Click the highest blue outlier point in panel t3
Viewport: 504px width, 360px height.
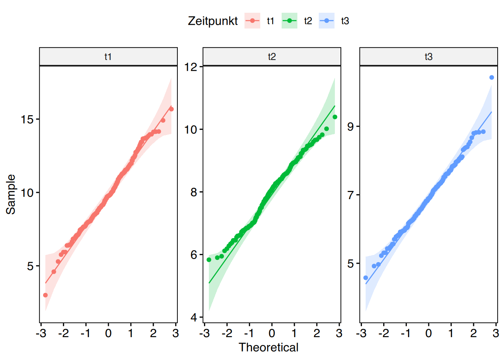click(x=492, y=78)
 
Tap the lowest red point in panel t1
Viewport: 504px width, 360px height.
click(x=45, y=295)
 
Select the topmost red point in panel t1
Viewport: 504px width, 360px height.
click(x=171, y=109)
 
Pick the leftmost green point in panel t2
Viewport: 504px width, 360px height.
click(x=209, y=260)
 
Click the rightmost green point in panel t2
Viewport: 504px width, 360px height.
click(x=335, y=117)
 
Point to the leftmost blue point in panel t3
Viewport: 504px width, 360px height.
click(x=366, y=278)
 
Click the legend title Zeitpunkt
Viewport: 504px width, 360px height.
click(x=213, y=21)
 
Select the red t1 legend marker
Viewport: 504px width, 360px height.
click(x=252, y=21)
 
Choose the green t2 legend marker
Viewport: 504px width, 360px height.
click(x=289, y=21)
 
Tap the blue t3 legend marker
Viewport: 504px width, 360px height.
click(x=326, y=21)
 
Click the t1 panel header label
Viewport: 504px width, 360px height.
click(x=108, y=57)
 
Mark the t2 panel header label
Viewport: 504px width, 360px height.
click(x=271, y=57)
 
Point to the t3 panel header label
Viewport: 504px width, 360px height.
click(x=428, y=57)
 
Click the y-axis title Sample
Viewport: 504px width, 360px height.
click(x=11, y=194)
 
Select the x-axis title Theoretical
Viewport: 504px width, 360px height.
click(x=268, y=348)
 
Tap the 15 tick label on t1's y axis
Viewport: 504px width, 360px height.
click(x=27, y=120)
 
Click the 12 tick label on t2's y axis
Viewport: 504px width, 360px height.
click(x=191, y=67)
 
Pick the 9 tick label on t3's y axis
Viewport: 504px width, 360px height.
click(x=351, y=127)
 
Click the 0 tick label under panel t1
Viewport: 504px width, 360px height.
click(x=108, y=333)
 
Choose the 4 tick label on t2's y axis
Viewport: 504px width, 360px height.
click(x=193, y=318)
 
